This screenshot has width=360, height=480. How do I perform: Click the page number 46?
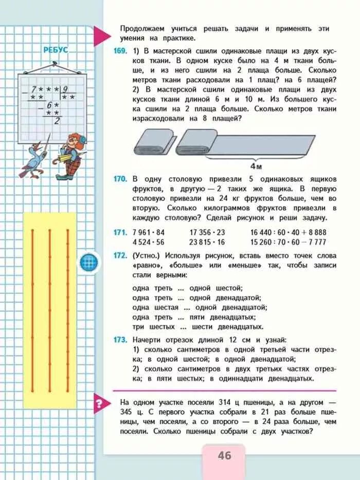(224, 456)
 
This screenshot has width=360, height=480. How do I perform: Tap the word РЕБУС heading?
(56, 50)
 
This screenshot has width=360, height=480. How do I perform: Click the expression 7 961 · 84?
(149, 232)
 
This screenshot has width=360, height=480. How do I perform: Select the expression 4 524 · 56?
(149, 242)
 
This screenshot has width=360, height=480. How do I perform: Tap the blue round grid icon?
(88, 262)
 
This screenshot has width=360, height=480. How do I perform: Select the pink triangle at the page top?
(102, 35)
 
